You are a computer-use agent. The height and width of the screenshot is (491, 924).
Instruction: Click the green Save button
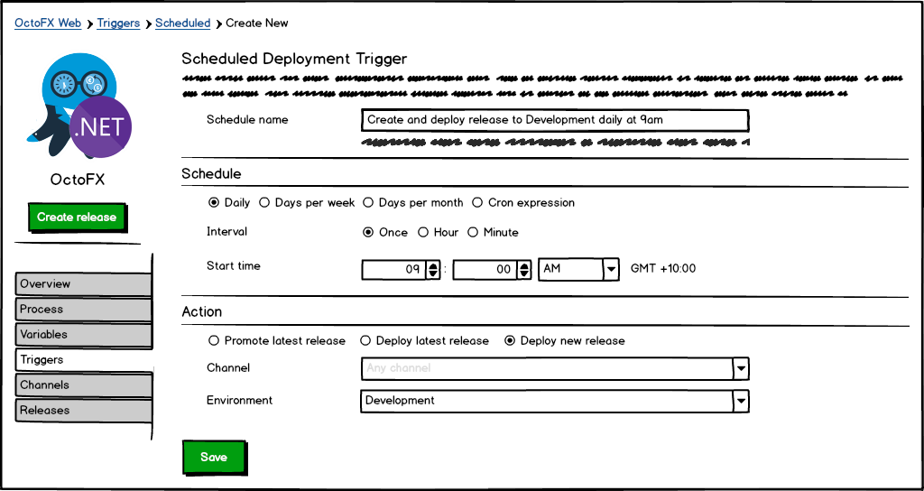point(214,457)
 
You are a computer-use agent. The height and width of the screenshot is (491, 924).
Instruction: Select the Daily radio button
point(214,203)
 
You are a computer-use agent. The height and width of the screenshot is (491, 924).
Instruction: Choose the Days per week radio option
point(264,203)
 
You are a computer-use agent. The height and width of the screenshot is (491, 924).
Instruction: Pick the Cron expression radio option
point(477,203)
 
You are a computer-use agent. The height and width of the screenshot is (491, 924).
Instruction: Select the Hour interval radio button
point(423,233)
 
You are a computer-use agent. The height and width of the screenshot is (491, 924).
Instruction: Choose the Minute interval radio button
point(473,233)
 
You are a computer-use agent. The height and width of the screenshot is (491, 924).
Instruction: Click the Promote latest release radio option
point(214,341)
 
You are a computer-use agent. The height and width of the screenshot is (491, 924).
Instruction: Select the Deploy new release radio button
point(510,341)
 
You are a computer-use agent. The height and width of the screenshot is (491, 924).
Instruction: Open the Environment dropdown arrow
point(741,401)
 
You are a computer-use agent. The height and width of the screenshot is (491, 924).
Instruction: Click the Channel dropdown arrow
point(741,368)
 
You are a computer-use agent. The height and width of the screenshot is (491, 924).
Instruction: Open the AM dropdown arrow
point(611,269)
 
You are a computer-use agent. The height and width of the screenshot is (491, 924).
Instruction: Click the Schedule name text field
point(554,120)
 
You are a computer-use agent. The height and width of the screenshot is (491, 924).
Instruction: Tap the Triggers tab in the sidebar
point(83,359)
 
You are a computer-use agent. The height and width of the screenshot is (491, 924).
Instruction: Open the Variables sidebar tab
point(83,334)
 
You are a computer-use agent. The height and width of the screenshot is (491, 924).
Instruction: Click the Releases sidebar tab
point(83,410)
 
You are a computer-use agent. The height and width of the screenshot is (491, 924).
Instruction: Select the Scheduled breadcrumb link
point(182,23)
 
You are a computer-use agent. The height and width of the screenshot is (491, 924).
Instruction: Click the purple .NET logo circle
point(100,127)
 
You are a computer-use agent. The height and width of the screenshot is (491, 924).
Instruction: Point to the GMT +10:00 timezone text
point(663,269)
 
